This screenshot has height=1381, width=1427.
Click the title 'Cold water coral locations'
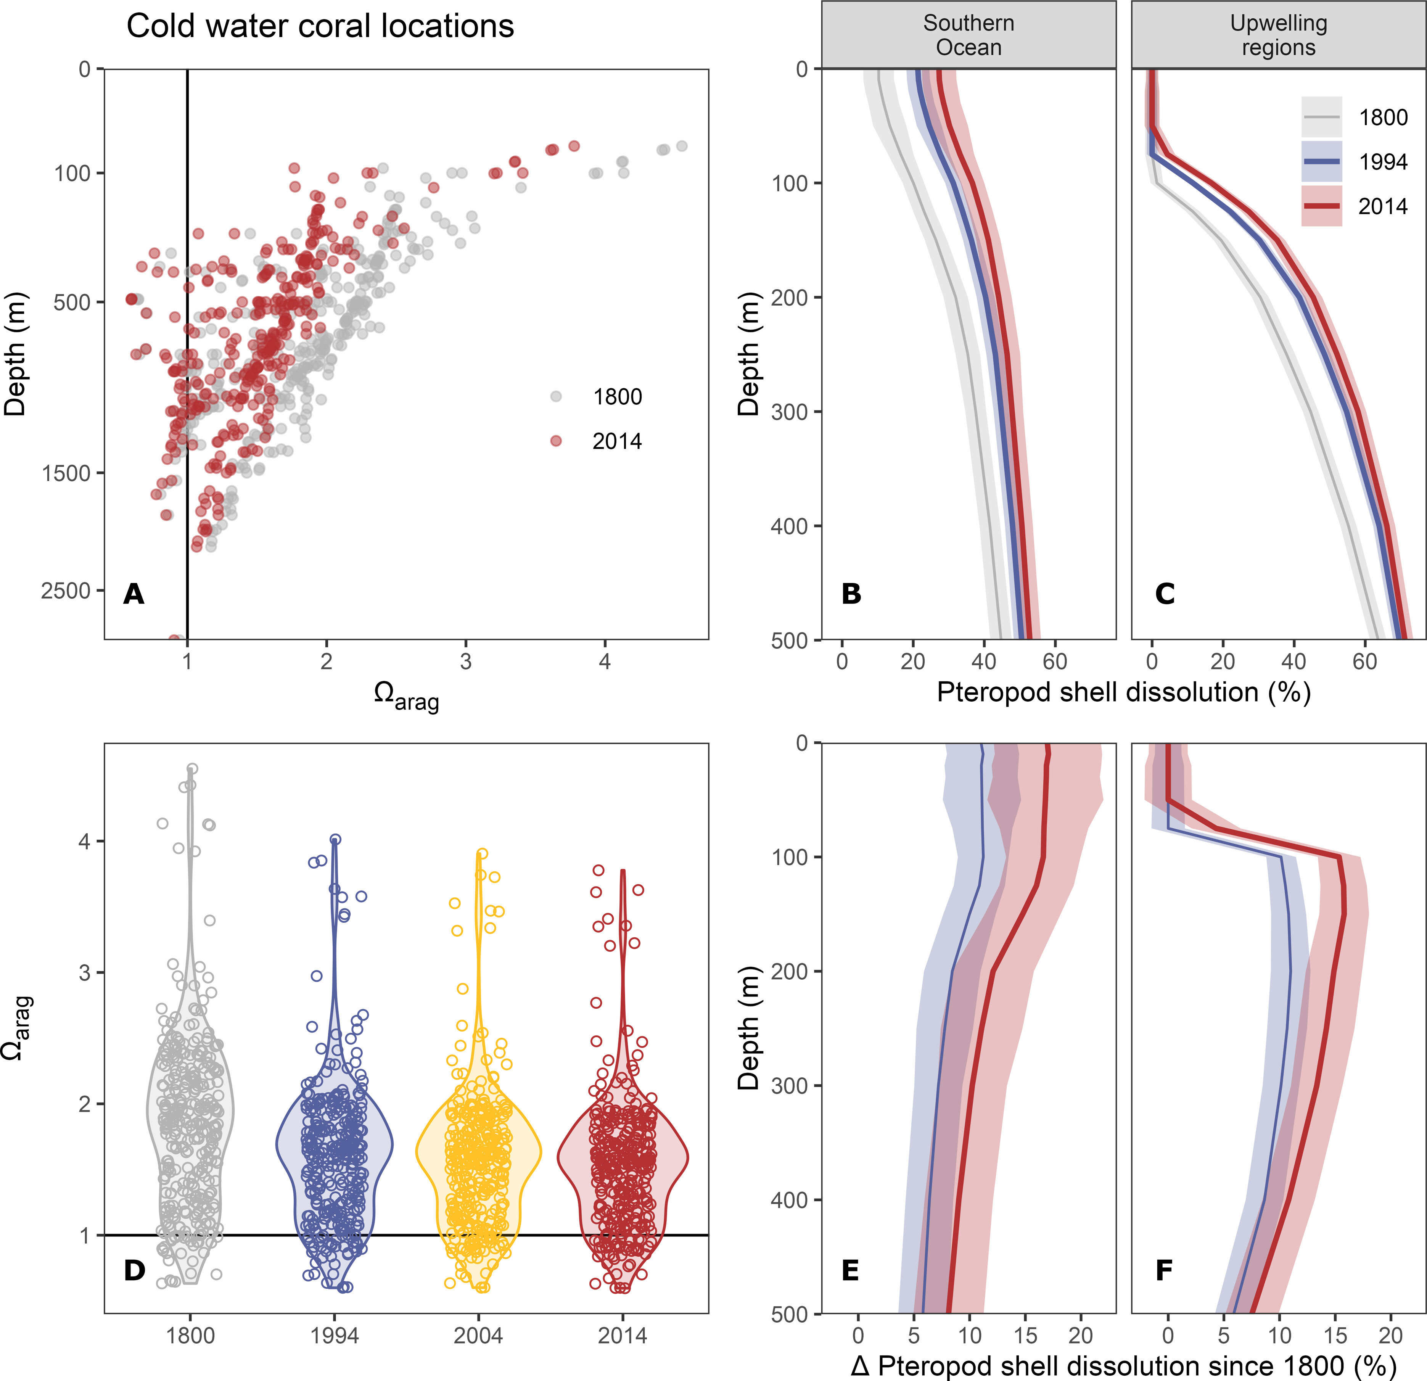(x=320, y=26)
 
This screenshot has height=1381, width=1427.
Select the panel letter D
(x=135, y=1270)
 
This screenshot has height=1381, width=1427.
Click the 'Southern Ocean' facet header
(x=968, y=35)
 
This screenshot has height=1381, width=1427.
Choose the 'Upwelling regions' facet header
(x=1279, y=35)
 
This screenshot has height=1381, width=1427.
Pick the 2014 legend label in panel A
(x=617, y=441)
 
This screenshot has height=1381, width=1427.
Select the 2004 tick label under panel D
(x=478, y=1336)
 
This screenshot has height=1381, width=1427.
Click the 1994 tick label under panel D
(x=334, y=1336)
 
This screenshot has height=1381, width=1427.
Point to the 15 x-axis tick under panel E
(x=1025, y=1336)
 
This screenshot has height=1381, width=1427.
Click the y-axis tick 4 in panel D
(x=84, y=842)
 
